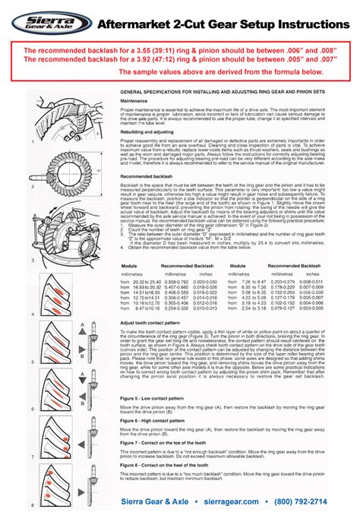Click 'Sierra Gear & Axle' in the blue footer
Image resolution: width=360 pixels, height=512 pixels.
163,501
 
